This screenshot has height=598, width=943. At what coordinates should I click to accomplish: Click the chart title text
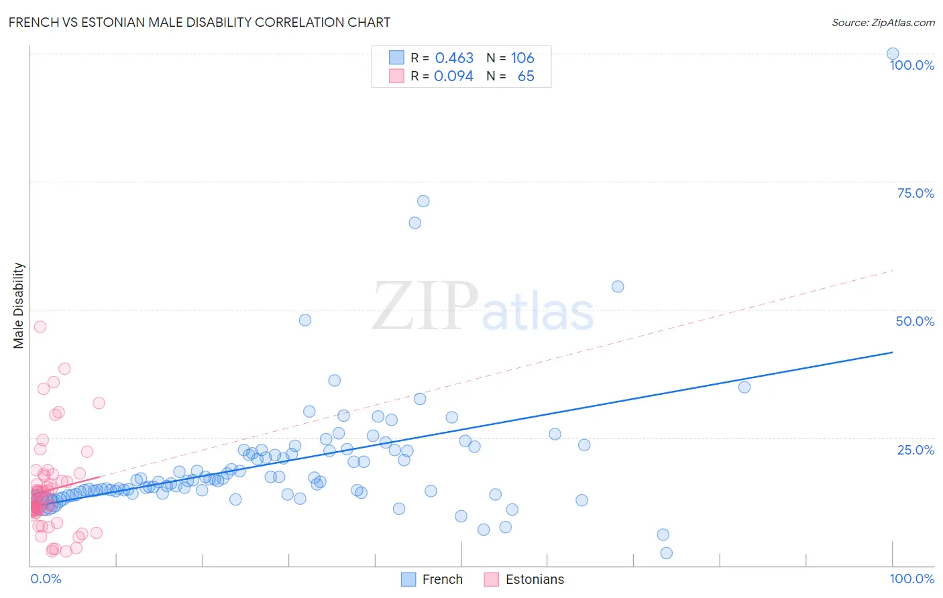click(199, 22)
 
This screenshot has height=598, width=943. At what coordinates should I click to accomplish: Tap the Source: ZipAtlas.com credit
click(883, 22)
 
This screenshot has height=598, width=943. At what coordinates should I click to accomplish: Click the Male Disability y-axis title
click(19, 305)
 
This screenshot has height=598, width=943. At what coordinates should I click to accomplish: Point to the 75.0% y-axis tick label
click(915, 193)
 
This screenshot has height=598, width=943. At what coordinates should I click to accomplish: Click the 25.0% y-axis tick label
click(915, 449)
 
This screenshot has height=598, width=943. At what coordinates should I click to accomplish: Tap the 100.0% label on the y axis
click(911, 65)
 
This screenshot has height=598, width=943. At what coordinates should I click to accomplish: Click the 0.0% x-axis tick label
click(46, 579)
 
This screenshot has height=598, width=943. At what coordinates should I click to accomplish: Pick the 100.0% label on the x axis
click(911, 579)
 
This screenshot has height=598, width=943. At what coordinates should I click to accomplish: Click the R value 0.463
click(454, 58)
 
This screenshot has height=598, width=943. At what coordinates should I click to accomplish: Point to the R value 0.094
click(453, 76)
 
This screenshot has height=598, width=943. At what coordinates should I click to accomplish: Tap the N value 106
click(522, 58)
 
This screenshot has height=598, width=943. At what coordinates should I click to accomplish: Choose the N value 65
click(526, 76)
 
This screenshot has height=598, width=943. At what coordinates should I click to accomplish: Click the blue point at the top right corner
click(893, 54)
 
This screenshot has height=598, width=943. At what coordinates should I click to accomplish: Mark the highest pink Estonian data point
click(40, 326)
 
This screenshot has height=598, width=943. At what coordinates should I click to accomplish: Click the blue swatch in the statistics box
click(397, 58)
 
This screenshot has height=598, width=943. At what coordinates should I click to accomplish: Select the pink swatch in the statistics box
click(397, 76)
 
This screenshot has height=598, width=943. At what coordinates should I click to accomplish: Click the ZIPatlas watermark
click(483, 306)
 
